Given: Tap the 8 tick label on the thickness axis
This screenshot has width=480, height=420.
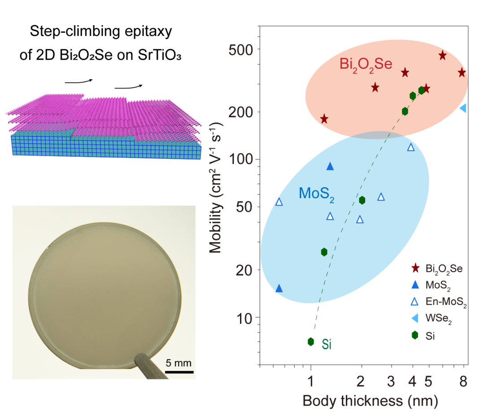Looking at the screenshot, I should (x=463, y=381).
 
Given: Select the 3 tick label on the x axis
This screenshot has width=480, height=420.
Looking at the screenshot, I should (x=392, y=381).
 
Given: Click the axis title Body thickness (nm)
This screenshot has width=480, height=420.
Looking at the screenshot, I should (x=370, y=400).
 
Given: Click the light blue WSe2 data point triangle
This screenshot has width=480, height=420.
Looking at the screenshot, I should (x=463, y=108).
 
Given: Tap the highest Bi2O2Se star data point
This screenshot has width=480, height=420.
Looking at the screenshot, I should (x=442, y=55).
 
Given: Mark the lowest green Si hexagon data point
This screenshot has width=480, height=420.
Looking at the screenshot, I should (x=311, y=342).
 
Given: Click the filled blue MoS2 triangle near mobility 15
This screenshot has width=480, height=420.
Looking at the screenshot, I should (x=279, y=288).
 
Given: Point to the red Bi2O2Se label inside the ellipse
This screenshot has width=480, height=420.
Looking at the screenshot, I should (x=366, y=64).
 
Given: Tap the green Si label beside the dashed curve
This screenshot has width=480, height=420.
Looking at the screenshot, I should (x=327, y=345).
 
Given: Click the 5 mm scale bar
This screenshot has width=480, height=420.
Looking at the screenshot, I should (x=179, y=372).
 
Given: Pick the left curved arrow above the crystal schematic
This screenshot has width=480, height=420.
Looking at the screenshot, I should (x=79, y=81).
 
